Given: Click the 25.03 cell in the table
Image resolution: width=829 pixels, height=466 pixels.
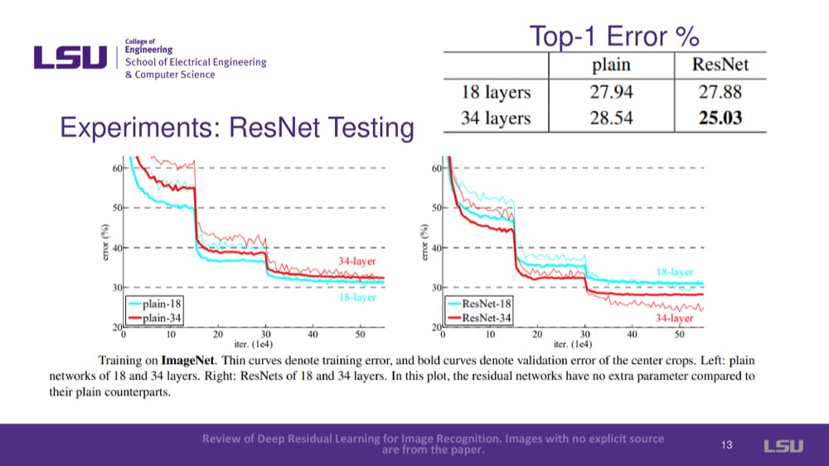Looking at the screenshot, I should [720, 118].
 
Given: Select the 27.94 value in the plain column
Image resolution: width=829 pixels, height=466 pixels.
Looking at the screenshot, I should [611, 91].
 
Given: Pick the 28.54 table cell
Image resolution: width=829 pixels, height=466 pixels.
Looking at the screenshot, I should [611, 118].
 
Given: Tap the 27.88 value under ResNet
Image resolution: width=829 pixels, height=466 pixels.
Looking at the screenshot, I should [720, 91].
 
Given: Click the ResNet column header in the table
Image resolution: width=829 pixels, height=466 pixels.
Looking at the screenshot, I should [720, 65].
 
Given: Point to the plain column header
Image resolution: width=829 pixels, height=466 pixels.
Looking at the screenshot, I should [611, 65].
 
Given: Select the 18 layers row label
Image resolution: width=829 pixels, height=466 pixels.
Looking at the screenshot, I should [496, 91].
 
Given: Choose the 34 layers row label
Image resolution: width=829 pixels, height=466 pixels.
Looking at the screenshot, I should [496, 118].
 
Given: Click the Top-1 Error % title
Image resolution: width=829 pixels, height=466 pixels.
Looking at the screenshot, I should [614, 36].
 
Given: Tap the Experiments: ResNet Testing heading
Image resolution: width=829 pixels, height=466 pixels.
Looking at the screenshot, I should [237, 128].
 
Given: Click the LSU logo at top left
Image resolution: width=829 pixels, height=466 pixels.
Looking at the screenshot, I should [70, 57].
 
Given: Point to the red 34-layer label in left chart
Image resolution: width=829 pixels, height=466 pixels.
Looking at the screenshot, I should [356, 261].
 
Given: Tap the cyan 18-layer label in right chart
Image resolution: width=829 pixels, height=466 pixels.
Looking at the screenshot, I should [675, 272].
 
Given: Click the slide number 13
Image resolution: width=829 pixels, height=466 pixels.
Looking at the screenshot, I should [727, 446].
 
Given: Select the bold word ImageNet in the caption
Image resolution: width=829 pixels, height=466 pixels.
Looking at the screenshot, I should [188, 361].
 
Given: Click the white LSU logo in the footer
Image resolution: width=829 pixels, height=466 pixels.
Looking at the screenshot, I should [783, 446].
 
